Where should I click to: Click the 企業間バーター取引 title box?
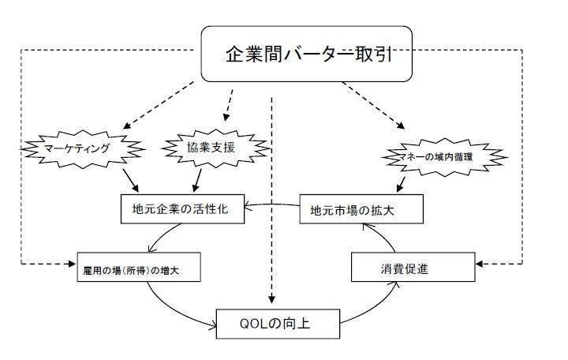(x=307, y=54)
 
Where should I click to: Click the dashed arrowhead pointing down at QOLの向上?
(x=272, y=299)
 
